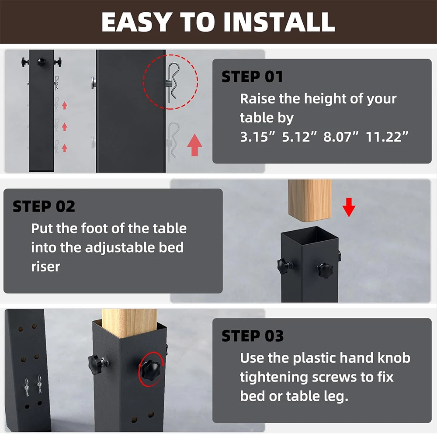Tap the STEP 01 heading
(252, 76)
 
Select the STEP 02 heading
(44, 207)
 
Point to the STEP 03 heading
(253, 336)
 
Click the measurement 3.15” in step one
(257, 137)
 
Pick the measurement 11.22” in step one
(387, 137)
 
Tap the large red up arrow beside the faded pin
(194, 145)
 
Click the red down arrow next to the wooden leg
(349, 207)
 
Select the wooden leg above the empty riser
(310, 200)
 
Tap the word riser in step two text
(45, 267)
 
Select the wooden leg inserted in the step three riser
(129, 323)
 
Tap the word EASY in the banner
(136, 22)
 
